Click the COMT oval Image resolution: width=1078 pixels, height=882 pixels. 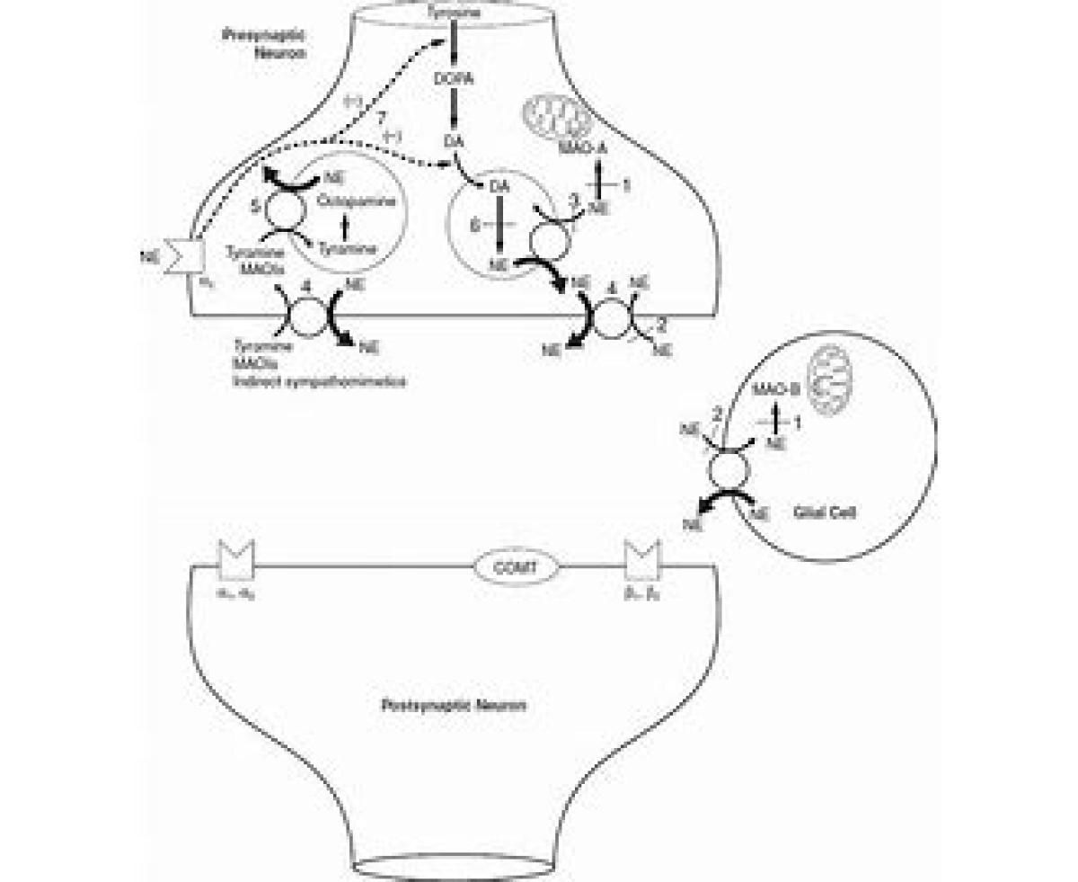(x=516, y=567)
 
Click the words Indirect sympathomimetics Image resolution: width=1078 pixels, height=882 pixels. (x=318, y=382)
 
